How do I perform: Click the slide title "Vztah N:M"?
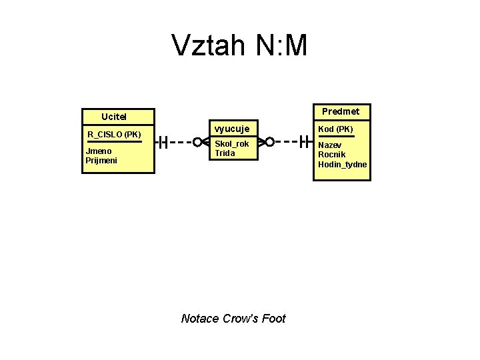(x=239, y=46)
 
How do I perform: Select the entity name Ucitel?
(x=114, y=117)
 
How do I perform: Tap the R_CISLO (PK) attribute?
(x=114, y=134)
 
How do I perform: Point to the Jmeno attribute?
(x=99, y=151)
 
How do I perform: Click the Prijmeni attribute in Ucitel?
(x=101, y=160)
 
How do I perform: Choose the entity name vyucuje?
(x=231, y=128)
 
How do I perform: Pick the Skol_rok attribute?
(x=231, y=144)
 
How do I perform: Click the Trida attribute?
(x=225, y=153)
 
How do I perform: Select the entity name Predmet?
(x=341, y=111)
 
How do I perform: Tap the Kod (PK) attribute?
(x=335, y=129)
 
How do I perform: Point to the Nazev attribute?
(x=330, y=145)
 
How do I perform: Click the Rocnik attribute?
(x=331, y=155)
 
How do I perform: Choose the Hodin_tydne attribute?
(x=342, y=165)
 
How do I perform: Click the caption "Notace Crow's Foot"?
(x=233, y=319)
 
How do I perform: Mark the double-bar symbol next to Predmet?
(x=305, y=141)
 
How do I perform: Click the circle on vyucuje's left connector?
(x=197, y=141)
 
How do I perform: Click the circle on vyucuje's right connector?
(x=270, y=141)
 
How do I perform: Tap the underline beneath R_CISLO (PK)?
(x=115, y=141)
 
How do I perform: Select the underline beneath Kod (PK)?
(x=336, y=136)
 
